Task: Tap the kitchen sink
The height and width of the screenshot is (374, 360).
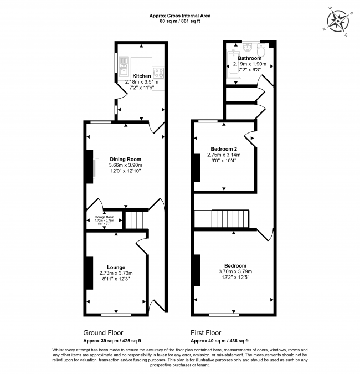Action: tap(123, 66)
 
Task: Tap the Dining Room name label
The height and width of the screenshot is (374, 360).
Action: tap(125, 159)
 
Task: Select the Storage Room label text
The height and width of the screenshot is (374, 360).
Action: tap(104, 217)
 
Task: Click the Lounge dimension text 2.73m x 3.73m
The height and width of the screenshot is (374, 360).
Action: tap(116, 273)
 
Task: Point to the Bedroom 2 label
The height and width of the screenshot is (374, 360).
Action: tap(224, 148)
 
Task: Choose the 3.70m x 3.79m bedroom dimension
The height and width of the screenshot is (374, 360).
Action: tap(235, 271)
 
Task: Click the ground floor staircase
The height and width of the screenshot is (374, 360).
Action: tap(136, 220)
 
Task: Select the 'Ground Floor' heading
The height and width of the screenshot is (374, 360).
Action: tap(106, 333)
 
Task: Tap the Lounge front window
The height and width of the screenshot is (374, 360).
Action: tap(117, 315)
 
